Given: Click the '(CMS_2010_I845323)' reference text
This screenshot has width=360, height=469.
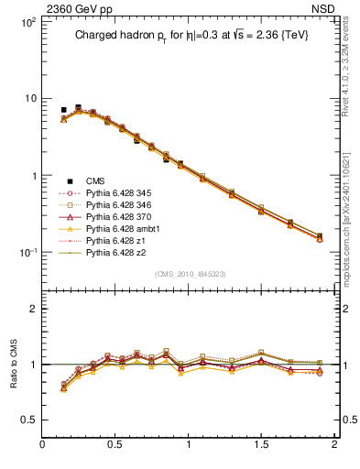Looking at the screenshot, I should (189, 273).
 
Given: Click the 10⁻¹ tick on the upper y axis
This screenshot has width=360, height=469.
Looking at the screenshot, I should (28, 253).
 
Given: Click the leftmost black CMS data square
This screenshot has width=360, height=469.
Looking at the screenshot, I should (63, 110).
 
